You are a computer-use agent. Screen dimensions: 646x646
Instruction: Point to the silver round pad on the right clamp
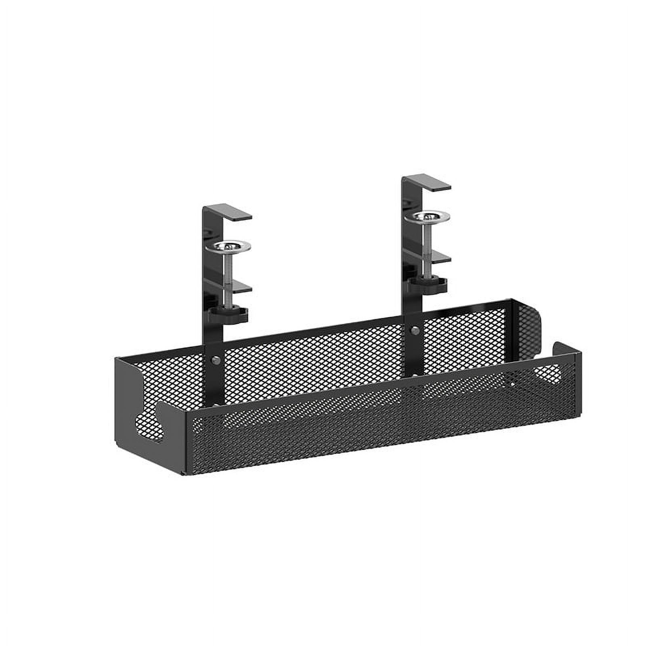pyautogui.click(x=428, y=216)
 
